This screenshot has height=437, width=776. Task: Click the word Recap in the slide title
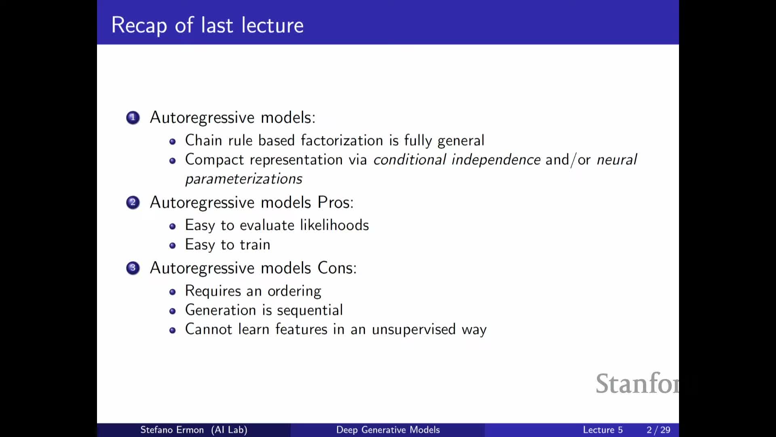tap(139, 25)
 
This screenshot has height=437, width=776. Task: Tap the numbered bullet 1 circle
tap(133, 118)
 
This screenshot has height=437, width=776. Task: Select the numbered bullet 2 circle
tap(133, 202)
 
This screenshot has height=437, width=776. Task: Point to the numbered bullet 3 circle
tap(133, 268)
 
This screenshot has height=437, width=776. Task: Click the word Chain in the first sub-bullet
tap(204, 140)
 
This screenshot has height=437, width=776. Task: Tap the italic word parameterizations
tap(244, 179)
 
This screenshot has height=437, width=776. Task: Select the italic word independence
tap(496, 159)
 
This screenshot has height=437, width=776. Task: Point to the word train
tap(255, 244)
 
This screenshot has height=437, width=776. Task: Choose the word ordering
tap(294, 291)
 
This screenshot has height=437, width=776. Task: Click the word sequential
tap(310, 310)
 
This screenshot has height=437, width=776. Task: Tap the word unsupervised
tap(414, 329)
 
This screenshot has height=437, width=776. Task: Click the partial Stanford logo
tap(637, 383)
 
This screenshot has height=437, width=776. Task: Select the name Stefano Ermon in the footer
tap(172, 430)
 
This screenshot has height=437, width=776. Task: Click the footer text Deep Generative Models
tap(388, 430)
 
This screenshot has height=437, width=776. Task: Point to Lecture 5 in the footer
tap(603, 430)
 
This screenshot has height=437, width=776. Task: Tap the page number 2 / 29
tap(658, 430)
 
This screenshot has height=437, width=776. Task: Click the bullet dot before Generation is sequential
tap(173, 311)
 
